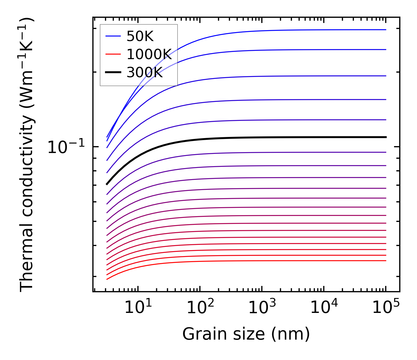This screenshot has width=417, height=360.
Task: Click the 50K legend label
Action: [140, 36]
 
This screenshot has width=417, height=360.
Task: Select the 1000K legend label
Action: [149, 55]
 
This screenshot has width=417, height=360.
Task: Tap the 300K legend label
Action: [145, 73]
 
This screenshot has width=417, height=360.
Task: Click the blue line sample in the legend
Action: [113, 36]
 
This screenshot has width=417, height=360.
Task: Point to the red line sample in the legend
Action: [113, 54]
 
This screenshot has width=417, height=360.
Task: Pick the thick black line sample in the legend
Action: [113, 72]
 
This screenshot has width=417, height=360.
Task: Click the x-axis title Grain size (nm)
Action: [246, 334]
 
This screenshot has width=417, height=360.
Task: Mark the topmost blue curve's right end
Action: [386, 30]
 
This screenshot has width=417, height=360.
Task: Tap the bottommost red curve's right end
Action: [386, 261]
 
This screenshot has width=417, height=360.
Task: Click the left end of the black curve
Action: [107, 184]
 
